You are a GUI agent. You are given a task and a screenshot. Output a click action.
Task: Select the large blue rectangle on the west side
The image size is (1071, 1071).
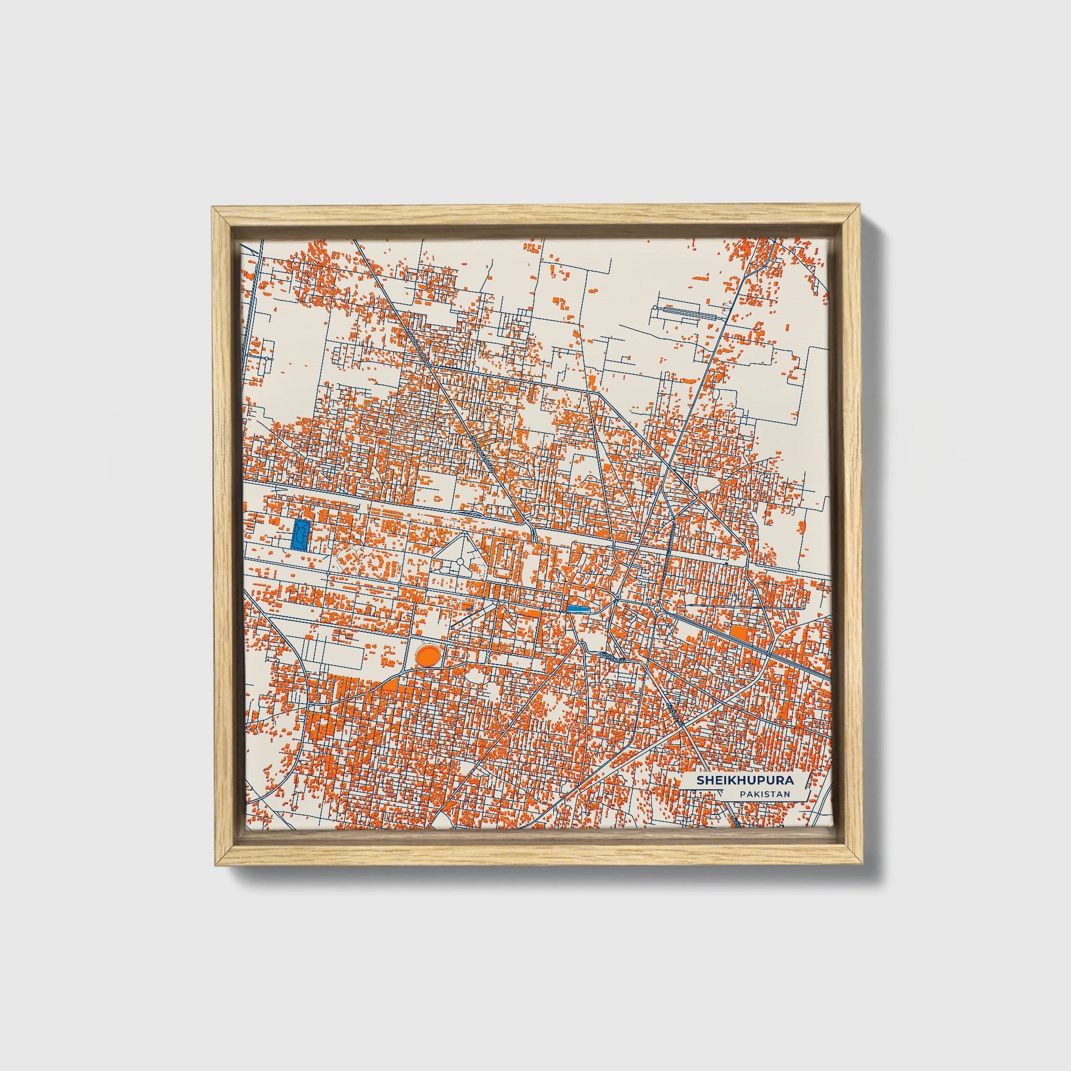(300, 534)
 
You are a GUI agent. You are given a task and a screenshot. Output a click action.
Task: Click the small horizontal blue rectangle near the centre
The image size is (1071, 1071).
(577, 608)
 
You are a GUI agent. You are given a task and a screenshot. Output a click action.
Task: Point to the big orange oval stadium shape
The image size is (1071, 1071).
(428, 656)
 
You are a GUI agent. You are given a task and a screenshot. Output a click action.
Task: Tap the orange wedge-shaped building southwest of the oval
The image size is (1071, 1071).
(390, 686)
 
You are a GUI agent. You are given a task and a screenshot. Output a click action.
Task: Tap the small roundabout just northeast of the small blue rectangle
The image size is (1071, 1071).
(617, 598)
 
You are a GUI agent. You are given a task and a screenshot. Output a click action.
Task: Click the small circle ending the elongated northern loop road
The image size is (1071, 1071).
(655, 307)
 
